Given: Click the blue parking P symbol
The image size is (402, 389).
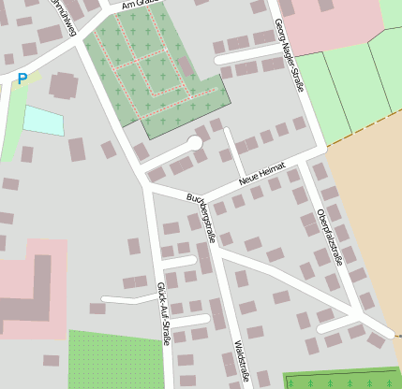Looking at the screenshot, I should pyautogui.click(x=22, y=79).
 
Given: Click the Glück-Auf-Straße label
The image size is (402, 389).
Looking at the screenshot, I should pyautogui.click(x=163, y=314).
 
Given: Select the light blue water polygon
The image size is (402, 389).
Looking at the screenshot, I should pyautogui.click(x=42, y=121).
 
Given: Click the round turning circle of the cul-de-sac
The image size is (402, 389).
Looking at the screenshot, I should pyautogui.click(x=195, y=143).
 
